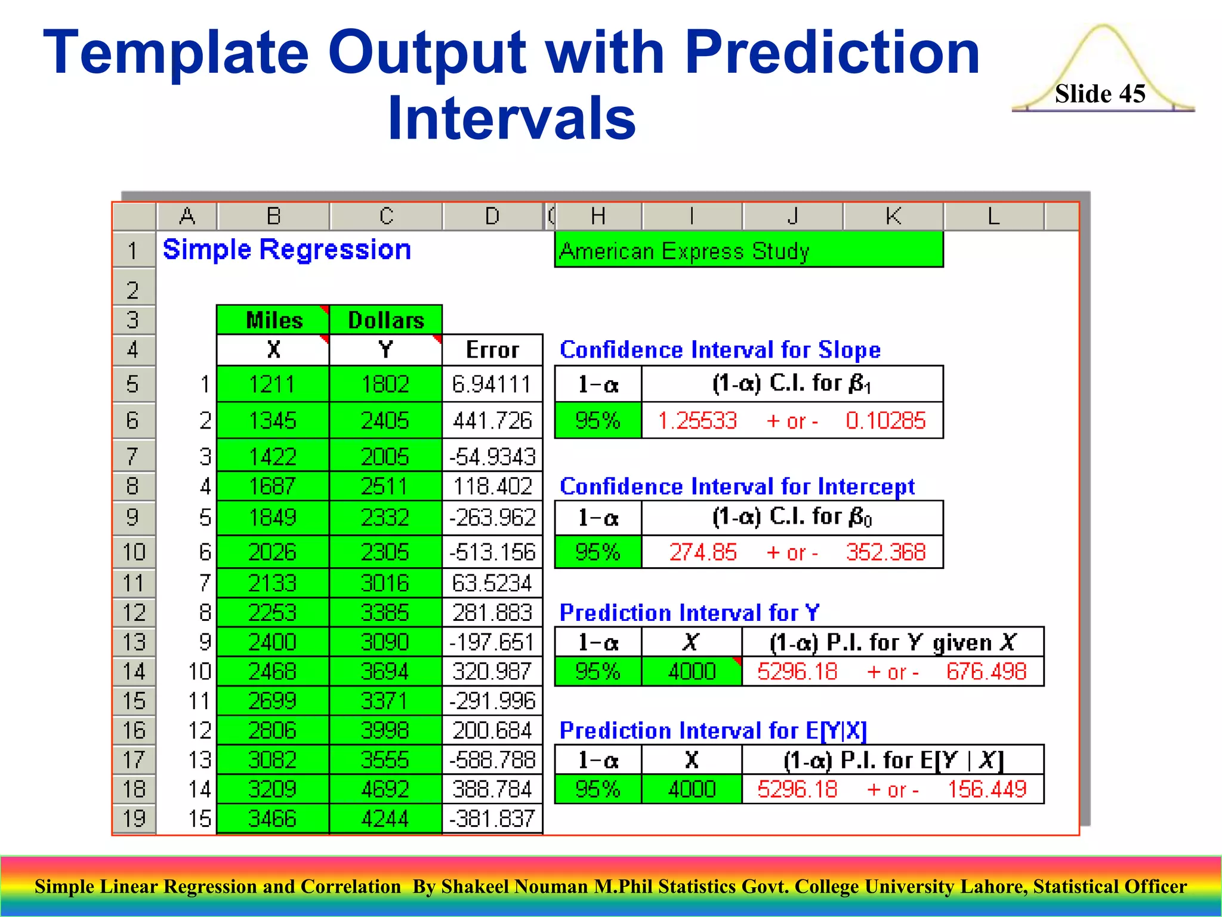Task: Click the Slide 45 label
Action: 1100,94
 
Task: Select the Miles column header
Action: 274,320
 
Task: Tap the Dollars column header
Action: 386,320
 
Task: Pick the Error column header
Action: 492,350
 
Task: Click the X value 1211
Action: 272,384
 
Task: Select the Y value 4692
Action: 385,789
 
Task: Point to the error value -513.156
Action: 492,552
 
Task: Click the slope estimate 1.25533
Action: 698,420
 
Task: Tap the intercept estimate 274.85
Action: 703,552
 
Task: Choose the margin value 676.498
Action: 986,672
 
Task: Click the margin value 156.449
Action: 988,789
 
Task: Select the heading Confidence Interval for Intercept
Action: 737,487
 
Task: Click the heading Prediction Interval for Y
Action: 689,613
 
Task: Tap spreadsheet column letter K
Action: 893,216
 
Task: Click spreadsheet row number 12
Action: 134,613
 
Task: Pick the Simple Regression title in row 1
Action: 287,250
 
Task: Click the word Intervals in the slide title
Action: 511,118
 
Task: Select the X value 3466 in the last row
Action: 272,818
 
